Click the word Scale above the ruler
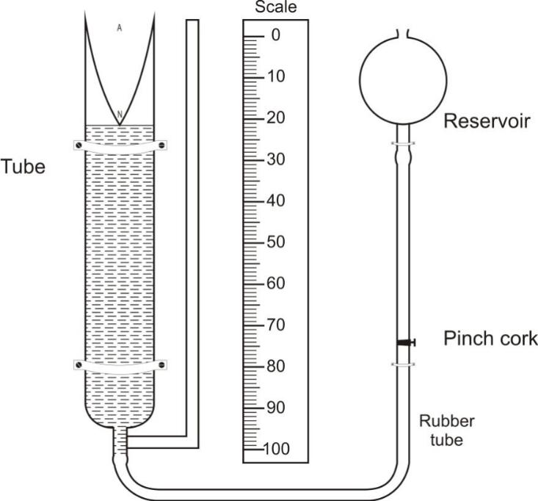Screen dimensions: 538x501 (x=276, y=7)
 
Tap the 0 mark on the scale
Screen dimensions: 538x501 (x=275, y=35)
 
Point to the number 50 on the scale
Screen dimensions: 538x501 (x=276, y=242)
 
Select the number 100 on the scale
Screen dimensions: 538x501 (x=277, y=449)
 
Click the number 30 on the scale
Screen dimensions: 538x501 (x=276, y=159)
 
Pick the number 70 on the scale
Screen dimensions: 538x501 (x=276, y=325)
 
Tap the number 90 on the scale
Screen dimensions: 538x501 (x=276, y=408)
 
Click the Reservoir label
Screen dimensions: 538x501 (x=487, y=121)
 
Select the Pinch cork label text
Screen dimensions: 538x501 (x=490, y=338)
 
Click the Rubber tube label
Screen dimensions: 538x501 (x=447, y=430)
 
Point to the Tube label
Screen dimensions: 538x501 (x=23, y=167)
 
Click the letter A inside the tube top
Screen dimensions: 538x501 (x=120, y=28)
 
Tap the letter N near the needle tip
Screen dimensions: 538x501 (x=120, y=114)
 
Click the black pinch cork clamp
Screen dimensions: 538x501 (x=406, y=342)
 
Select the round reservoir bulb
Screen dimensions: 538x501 (x=403, y=81)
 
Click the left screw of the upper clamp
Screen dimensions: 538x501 (x=79, y=145)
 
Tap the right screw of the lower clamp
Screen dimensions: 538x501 (x=162, y=364)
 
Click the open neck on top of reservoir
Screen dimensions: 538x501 (x=403, y=34)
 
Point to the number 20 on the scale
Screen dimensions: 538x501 (x=276, y=118)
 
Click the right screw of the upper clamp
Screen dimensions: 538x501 (x=162, y=145)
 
